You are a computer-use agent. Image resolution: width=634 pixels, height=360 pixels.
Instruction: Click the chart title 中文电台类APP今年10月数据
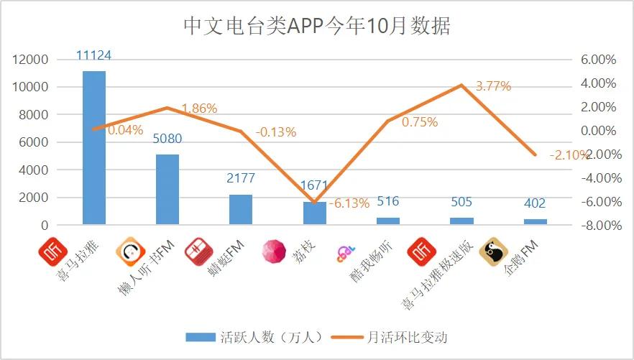pyautogui.click(x=317, y=27)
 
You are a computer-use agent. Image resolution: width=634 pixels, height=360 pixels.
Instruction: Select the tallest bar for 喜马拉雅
pyautogui.click(x=94, y=147)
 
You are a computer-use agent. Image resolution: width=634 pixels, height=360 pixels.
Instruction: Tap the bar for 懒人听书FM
pyautogui.click(x=167, y=190)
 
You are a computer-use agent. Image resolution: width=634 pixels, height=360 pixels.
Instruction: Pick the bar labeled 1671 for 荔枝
pyautogui.click(x=314, y=213)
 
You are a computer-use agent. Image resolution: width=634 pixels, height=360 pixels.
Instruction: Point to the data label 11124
pyautogui.click(x=94, y=55)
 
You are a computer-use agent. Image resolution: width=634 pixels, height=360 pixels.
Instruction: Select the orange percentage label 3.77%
pyautogui.click(x=493, y=86)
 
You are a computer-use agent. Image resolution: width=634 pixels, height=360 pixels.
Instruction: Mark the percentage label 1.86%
pyautogui.click(x=199, y=109)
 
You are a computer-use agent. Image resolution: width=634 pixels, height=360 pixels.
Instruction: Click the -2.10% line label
pyautogui.click(x=569, y=155)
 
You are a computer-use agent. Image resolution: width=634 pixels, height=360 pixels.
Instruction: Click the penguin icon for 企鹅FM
pyautogui.click(x=494, y=252)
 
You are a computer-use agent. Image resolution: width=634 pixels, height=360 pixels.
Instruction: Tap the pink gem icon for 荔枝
pyautogui.click(x=274, y=251)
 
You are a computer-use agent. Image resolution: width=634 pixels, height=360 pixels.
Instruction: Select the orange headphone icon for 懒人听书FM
pyautogui.click(x=130, y=251)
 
